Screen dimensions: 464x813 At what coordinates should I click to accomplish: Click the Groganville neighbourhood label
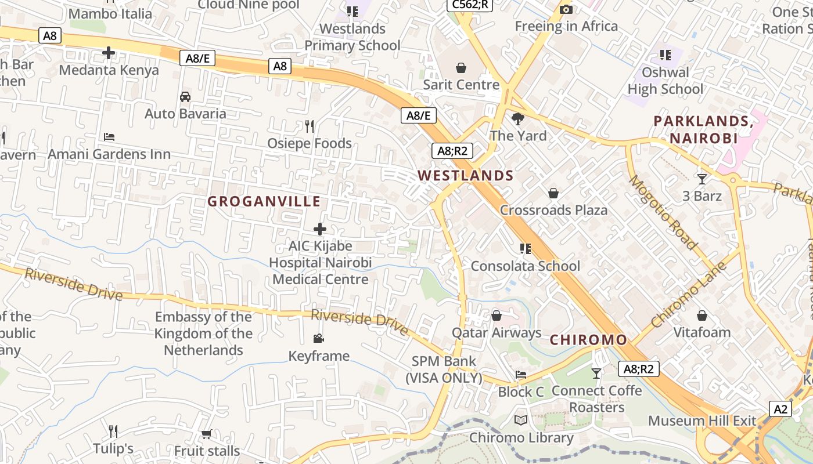pos(264,201)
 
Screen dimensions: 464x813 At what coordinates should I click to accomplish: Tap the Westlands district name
pos(465,175)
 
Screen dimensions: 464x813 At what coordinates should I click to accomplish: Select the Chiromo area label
pos(588,340)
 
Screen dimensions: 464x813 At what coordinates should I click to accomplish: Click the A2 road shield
pos(780,409)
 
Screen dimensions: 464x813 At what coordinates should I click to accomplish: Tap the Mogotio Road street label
pos(663,212)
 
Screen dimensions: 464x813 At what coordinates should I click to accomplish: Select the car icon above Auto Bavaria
pos(185,96)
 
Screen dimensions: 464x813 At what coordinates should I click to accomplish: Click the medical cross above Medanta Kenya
pos(109,53)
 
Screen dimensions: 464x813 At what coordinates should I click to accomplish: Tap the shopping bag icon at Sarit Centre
pos(461,68)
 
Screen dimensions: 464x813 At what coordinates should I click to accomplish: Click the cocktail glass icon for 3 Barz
pos(702,179)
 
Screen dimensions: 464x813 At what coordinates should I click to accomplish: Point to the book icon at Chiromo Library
pos(521,420)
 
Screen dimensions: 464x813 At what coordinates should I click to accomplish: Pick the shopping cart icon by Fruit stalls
pos(206,434)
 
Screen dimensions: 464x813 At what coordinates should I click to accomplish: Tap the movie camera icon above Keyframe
pos(318,339)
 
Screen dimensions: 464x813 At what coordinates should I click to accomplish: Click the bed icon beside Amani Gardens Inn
pos(109,137)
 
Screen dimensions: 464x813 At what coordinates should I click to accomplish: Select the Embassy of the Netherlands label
pos(203,333)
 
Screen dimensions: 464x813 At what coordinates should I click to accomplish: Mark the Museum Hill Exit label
pos(702,420)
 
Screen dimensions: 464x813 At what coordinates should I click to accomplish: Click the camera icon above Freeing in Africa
pos(566,9)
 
